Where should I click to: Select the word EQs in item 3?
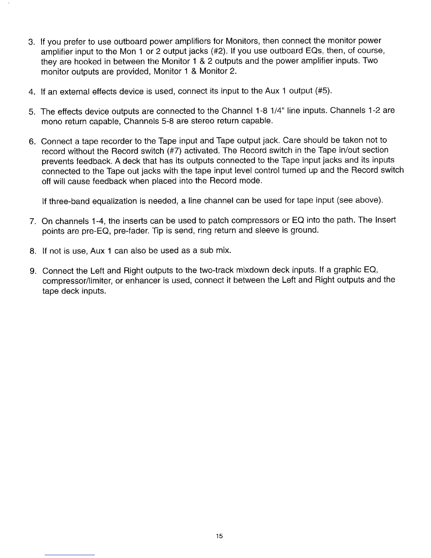click(x=307, y=51)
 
